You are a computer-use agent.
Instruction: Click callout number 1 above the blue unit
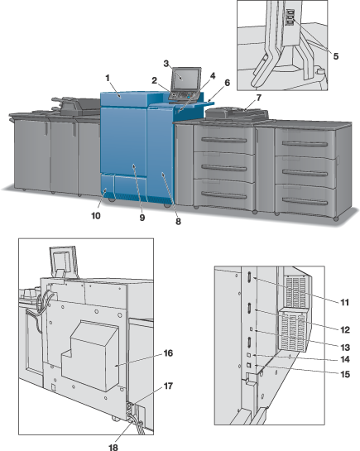tap(108, 78)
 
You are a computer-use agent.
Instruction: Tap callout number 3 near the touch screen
tap(166, 63)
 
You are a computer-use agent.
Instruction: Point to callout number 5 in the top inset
tap(335, 56)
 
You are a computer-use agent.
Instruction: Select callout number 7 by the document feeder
tap(258, 98)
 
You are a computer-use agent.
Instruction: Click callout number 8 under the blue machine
tap(178, 222)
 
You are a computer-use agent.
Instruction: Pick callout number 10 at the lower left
tap(96, 216)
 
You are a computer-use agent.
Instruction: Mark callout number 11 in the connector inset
tap(344, 303)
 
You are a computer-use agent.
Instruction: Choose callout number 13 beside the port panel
tap(345, 348)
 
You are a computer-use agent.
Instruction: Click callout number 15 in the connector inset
tap(345, 374)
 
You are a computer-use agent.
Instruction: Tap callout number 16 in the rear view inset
tap(168, 353)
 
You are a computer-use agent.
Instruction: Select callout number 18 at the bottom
tap(113, 447)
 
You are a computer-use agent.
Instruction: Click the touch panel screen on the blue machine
tap(186, 79)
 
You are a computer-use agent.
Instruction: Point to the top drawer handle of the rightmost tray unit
tap(305, 143)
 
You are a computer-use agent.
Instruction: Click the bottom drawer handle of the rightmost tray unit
tap(305, 201)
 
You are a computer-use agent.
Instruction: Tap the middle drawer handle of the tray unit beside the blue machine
tap(224, 168)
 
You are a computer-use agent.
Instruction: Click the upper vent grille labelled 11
tap(296, 291)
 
